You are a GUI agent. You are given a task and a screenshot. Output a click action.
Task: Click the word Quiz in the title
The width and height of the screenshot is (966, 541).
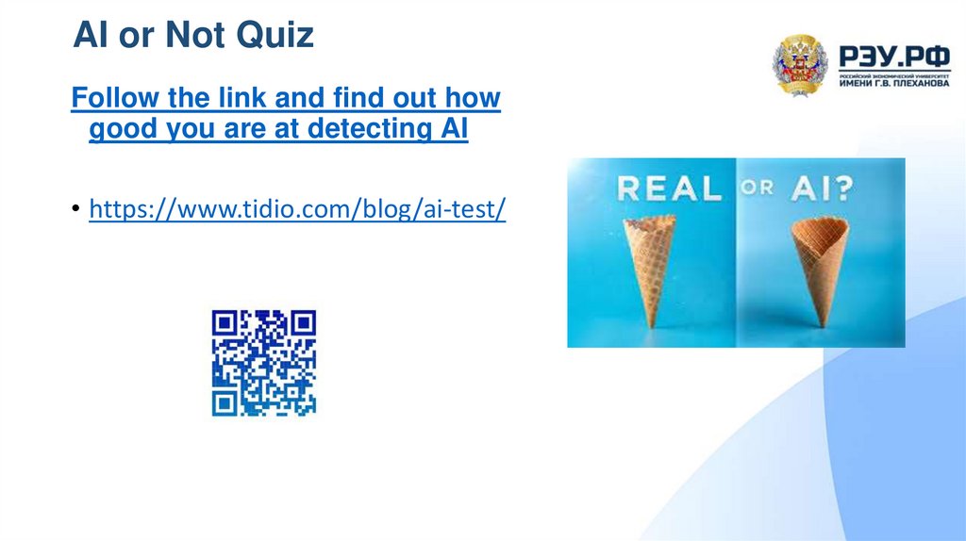click(274, 35)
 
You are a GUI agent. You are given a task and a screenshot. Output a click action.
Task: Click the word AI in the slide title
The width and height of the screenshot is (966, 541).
click(96, 35)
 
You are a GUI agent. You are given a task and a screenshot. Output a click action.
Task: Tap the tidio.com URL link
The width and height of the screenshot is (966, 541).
click(297, 208)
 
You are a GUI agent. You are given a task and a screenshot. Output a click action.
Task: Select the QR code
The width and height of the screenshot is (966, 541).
click(264, 363)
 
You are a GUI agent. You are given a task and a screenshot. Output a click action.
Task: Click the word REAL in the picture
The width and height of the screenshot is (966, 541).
click(668, 189)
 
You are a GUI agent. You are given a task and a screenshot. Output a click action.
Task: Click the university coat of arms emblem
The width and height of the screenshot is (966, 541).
click(800, 65)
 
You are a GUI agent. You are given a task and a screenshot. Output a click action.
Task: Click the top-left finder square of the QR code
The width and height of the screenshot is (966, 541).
click(225, 323)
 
